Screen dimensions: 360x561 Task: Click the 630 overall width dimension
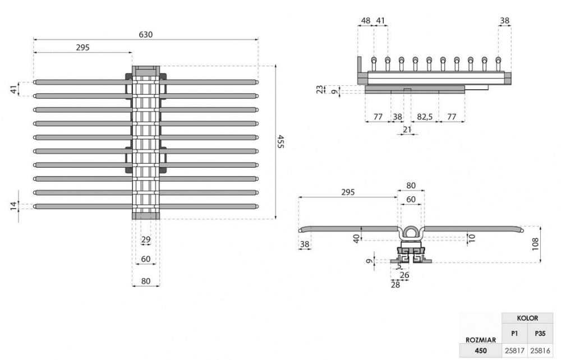(146, 34)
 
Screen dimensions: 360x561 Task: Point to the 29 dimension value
(146, 240)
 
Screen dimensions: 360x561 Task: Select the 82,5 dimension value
(425, 117)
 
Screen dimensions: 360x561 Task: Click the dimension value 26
(404, 275)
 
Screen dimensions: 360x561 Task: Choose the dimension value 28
(396, 285)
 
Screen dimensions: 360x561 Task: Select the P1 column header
(514, 333)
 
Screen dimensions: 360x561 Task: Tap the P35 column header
(540, 333)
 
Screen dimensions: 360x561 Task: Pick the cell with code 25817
(514, 351)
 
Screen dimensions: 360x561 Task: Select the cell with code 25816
(540, 351)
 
